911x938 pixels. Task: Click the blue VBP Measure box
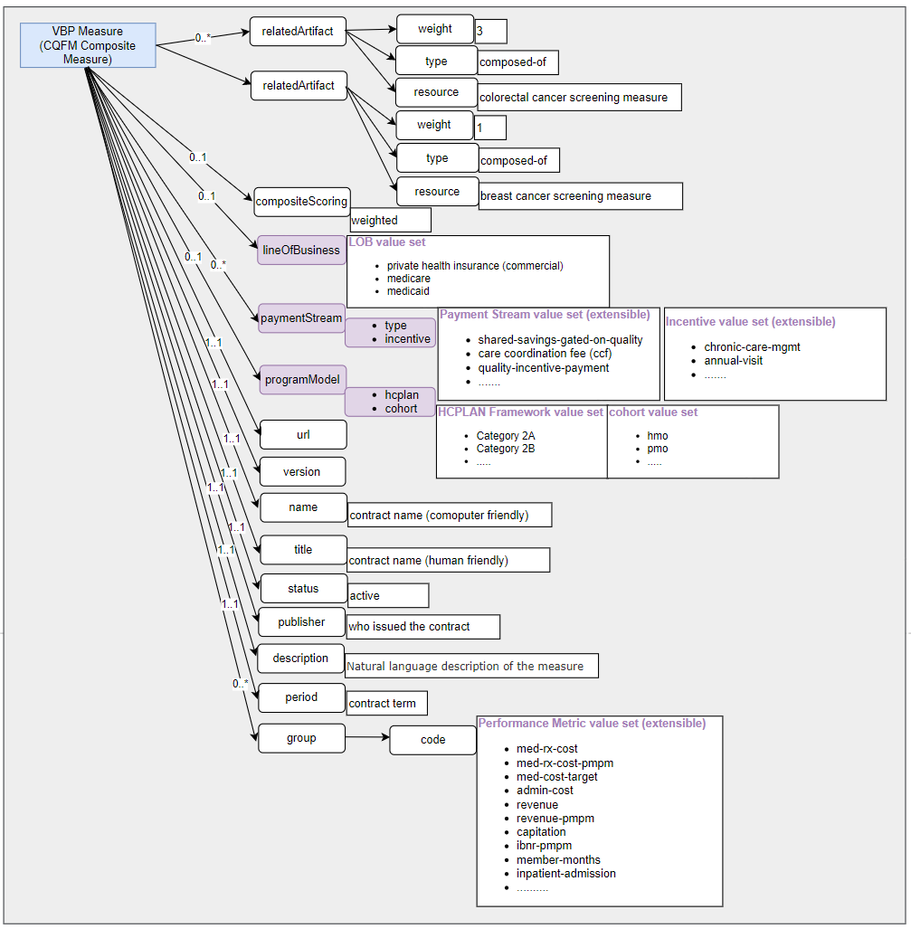[88, 45]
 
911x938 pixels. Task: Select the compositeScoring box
[301, 202]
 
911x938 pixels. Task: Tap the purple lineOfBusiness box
[301, 251]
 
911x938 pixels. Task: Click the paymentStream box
[301, 318]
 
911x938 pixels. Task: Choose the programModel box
[301, 380]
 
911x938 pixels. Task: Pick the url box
[303, 435]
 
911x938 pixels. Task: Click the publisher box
[301, 622]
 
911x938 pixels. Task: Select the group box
[301, 738]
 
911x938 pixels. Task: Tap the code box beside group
[432, 740]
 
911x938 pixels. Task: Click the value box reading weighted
[390, 220]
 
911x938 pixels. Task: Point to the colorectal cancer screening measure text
[574, 98]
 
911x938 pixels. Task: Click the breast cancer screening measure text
[565, 196]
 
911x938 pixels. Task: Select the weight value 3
[480, 31]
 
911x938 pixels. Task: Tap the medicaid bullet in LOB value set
[408, 291]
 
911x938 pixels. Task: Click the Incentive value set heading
[751, 322]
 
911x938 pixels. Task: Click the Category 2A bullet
[506, 436]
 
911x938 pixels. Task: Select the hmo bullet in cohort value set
[658, 436]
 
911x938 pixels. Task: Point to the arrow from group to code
[366, 738]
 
